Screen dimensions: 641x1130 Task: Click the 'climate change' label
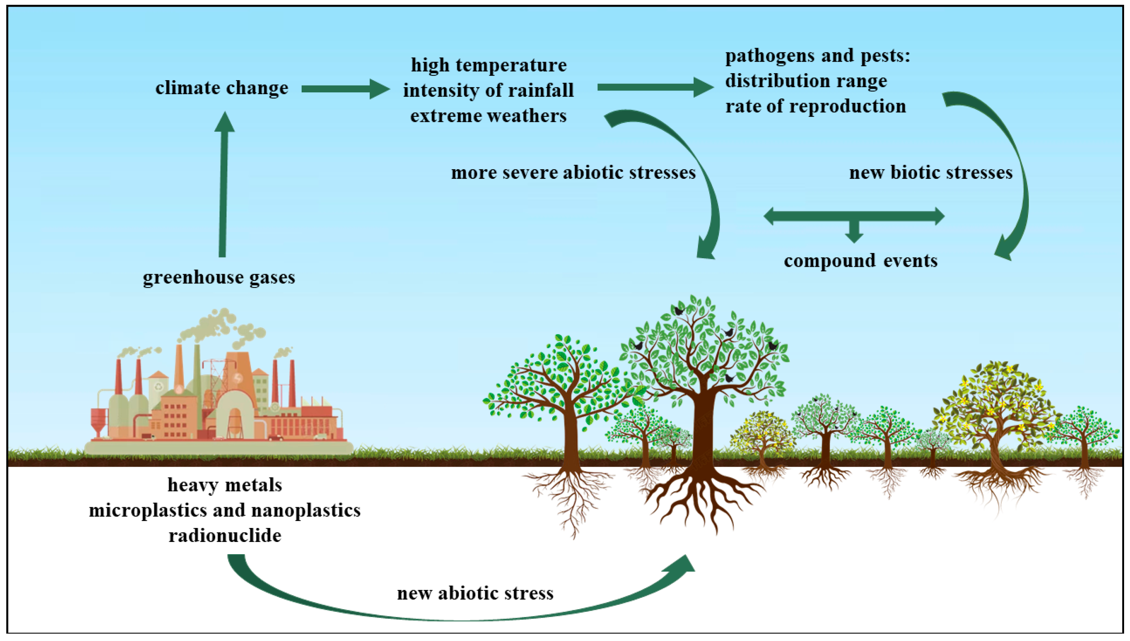coord(221,88)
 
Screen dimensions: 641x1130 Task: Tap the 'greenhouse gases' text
coord(219,277)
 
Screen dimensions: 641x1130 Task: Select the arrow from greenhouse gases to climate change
coord(223,185)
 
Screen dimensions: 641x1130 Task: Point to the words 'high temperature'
coord(489,65)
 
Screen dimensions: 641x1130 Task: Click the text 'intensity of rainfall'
coord(488,90)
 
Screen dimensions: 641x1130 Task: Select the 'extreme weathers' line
coord(488,116)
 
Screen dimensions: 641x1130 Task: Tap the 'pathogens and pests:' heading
coord(817,56)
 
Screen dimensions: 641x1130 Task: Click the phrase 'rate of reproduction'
coord(815,106)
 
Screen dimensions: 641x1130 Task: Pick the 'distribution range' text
coord(806,81)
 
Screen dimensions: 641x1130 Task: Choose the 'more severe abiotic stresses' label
coord(573,173)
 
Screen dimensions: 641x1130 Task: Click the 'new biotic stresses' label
coord(930,173)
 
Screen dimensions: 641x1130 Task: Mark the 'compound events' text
coord(861,260)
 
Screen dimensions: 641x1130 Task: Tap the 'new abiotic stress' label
coord(475,593)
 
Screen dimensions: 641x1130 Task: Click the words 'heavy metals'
coord(225,485)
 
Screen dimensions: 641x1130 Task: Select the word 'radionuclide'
coord(225,536)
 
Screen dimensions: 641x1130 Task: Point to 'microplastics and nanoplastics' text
coord(225,510)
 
